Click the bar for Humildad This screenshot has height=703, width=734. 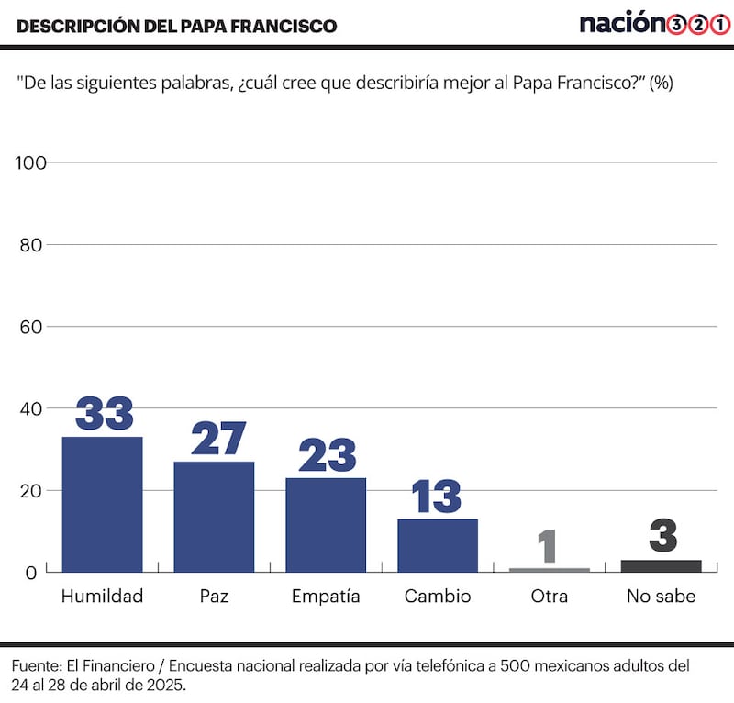(x=102, y=505)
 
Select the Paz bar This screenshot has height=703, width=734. (x=214, y=517)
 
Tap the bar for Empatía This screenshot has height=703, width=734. (x=326, y=525)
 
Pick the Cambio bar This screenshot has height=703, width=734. (x=438, y=545)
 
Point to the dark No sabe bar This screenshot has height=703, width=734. (x=662, y=566)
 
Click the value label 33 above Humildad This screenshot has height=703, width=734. (x=104, y=414)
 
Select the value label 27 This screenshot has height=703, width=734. (x=218, y=439)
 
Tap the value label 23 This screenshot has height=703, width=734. (x=327, y=455)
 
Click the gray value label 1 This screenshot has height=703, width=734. (x=548, y=545)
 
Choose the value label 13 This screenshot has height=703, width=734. (x=437, y=497)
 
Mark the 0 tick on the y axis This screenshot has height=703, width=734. (x=30, y=573)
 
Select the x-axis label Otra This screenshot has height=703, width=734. (x=549, y=597)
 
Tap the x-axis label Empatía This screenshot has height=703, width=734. (x=326, y=597)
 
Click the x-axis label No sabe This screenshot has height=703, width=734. (x=662, y=597)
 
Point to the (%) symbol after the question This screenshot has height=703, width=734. (x=661, y=83)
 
